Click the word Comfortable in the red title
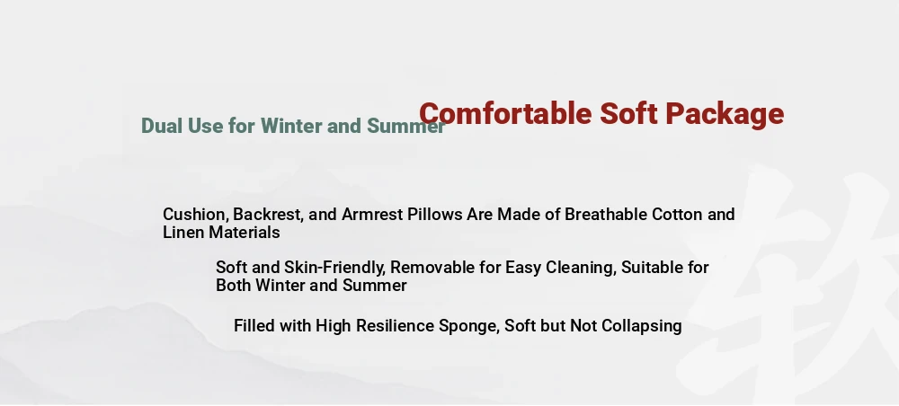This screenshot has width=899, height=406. (x=505, y=113)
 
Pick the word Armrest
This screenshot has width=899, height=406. (x=373, y=215)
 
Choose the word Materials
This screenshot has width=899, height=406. (x=245, y=233)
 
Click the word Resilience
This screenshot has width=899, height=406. (x=395, y=326)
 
